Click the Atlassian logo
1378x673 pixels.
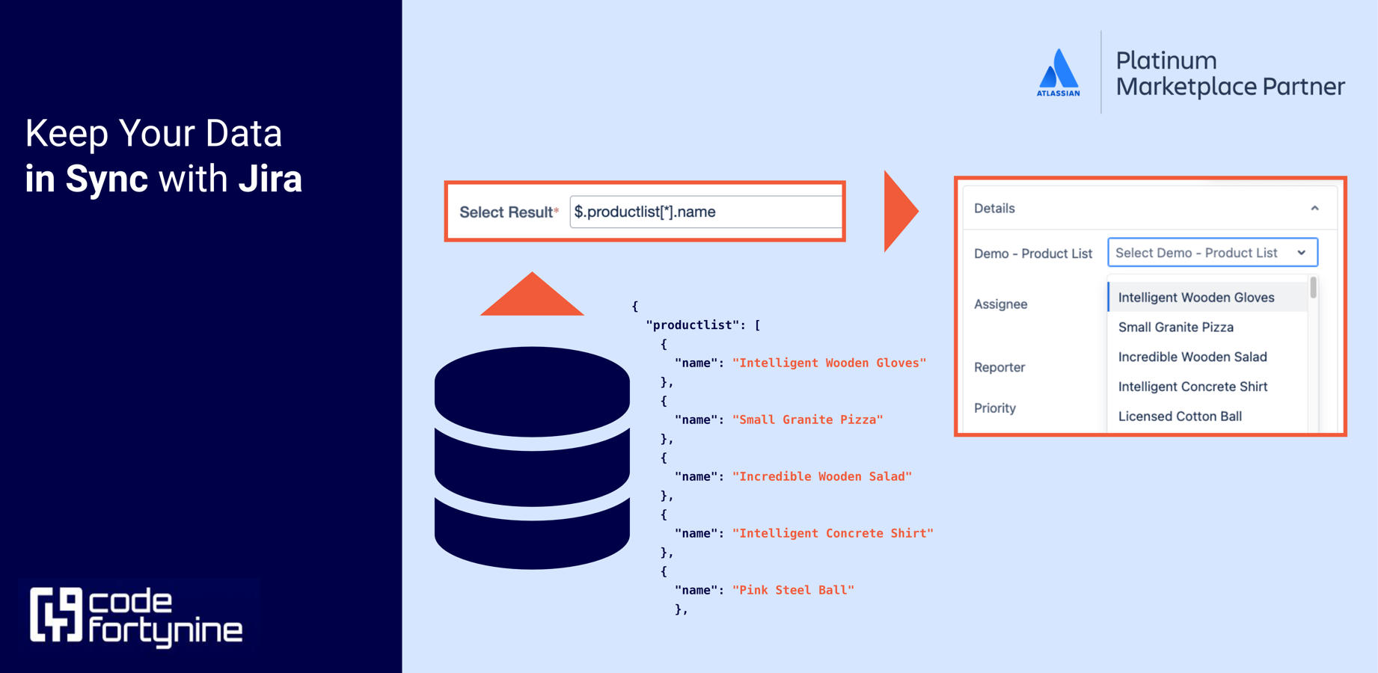pos(1058,73)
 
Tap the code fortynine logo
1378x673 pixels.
pos(136,617)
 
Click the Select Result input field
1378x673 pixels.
pos(705,212)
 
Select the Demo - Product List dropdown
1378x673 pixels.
pos(1212,253)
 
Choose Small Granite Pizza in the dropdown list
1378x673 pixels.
pos(1175,328)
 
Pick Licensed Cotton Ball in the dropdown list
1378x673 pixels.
pos(1180,417)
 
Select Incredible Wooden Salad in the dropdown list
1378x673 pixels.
pos(1192,357)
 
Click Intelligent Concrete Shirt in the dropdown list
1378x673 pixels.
pos(1192,387)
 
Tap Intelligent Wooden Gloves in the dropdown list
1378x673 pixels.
pos(1195,298)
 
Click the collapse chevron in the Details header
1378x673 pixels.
pos(1314,209)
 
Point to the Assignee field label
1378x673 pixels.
pos(1000,304)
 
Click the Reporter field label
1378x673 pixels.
pos(999,367)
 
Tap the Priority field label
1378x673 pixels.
pos(995,408)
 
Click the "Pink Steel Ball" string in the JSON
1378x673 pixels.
pos(793,590)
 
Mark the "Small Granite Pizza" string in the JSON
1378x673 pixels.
pos(807,420)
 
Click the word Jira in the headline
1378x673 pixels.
pos(270,179)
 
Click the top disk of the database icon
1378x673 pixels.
pos(532,391)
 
